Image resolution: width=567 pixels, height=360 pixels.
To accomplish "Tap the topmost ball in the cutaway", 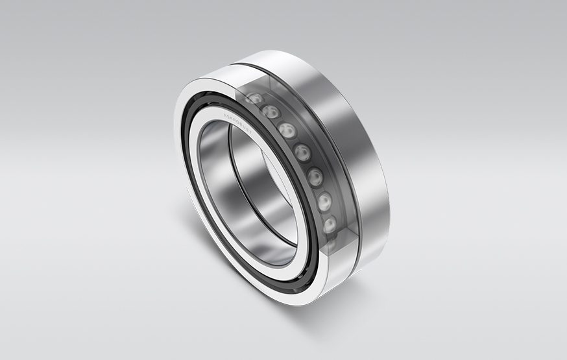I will tap(255, 99).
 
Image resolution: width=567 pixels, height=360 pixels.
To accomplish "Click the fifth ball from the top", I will tap(315, 176).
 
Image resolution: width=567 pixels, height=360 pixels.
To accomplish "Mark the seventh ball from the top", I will tap(330, 224).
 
